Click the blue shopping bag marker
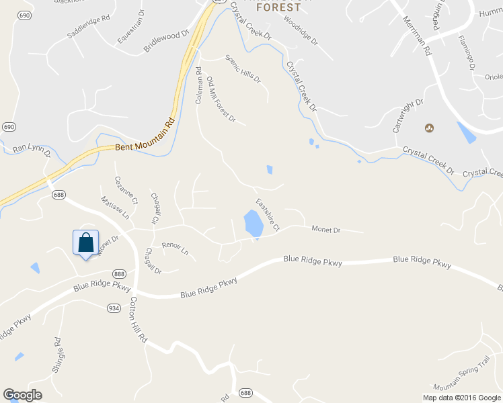[85, 242]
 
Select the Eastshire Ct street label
[268, 216]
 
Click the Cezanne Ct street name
[126, 190]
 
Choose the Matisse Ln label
[114, 208]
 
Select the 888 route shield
[120, 273]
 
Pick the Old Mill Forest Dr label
[221, 99]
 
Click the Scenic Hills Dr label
[243, 69]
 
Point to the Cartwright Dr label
[410, 111]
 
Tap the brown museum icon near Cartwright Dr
[429, 128]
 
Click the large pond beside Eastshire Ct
[253, 224]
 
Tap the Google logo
[22, 395]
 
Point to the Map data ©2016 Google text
[462, 398]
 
